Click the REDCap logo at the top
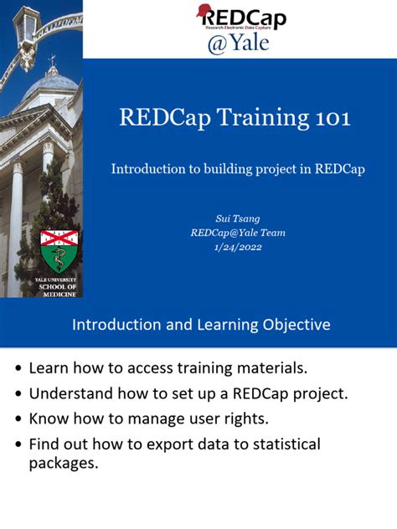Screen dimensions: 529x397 (x=240, y=18)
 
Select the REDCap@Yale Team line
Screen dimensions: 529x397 (x=238, y=233)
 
